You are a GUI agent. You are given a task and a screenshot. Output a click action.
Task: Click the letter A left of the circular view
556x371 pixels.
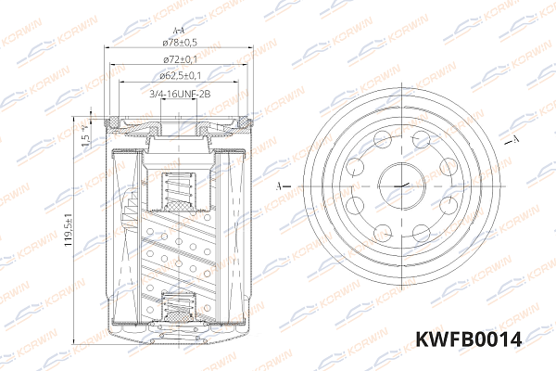pyautogui.click(x=282, y=185)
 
